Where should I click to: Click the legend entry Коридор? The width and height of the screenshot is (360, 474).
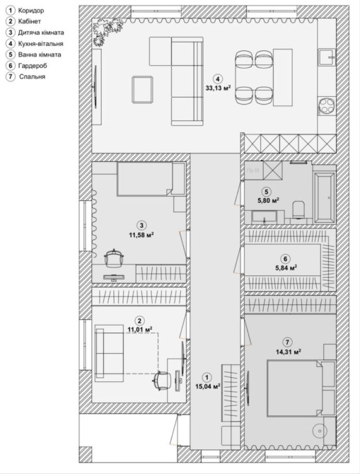[x=31, y=11]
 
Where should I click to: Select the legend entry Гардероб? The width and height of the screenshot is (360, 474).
[x=33, y=66]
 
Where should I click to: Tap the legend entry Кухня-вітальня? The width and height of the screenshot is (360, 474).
[x=40, y=44]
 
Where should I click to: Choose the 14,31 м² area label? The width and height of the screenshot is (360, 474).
[x=288, y=352]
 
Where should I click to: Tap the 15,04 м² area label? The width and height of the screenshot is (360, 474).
[x=207, y=386]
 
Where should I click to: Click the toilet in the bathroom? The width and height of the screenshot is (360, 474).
[x=299, y=209]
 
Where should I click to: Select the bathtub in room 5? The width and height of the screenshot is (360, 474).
[x=325, y=197]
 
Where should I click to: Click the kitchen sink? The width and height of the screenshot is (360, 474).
[x=327, y=57]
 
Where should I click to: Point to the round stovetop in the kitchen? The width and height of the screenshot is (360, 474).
[x=327, y=105]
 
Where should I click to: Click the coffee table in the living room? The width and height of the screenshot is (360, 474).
[x=142, y=90]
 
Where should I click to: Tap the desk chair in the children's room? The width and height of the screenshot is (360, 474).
[x=114, y=258]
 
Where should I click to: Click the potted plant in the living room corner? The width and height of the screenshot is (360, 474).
[x=106, y=30]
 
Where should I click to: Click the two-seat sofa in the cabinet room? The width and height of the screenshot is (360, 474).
[x=109, y=352]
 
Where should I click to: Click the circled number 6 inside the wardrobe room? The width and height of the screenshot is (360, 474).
[x=285, y=259]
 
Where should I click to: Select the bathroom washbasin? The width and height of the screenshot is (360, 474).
[x=264, y=217]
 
